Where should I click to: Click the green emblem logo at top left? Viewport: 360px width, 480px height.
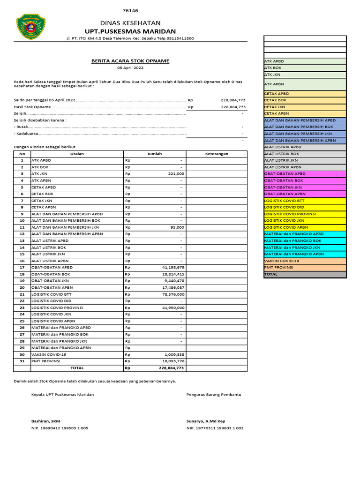click(x=31, y=26)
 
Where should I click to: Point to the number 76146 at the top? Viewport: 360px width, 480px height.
click(x=130, y=11)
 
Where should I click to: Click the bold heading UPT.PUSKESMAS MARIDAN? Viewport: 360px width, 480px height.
click(x=130, y=31)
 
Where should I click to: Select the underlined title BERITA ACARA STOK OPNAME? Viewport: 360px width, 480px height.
click(x=130, y=61)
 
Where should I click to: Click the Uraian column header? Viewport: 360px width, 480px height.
click(x=77, y=154)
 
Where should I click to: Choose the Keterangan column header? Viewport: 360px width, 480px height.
click(x=217, y=154)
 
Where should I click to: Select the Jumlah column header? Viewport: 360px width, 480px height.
click(x=155, y=154)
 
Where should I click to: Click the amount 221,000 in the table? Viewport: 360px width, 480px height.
click(x=175, y=173)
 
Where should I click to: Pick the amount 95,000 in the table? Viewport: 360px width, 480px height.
click(x=177, y=227)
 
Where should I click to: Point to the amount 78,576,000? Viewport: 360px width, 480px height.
click(x=173, y=294)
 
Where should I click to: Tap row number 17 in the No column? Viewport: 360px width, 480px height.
click(x=22, y=267)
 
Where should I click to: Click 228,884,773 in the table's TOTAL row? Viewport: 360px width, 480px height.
click(x=172, y=368)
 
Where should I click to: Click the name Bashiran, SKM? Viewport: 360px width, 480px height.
click(x=45, y=421)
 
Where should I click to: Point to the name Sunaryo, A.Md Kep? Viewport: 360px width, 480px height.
click(x=206, y=421)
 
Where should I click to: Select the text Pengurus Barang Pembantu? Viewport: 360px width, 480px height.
click(x=214, y=395)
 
